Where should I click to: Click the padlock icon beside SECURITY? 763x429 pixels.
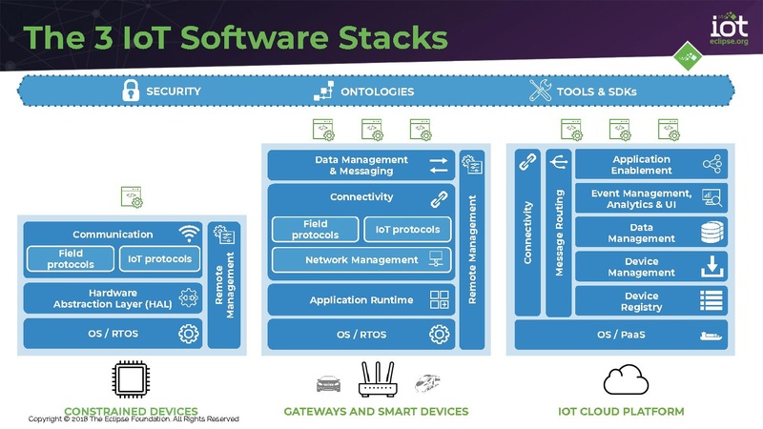(130, 92)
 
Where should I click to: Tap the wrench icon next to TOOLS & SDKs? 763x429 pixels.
(541, 92)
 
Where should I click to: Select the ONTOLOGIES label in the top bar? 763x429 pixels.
(377, 92)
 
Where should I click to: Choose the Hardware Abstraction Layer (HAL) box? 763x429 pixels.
(111, 297)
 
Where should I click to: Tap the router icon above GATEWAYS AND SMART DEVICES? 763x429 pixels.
(377, 380)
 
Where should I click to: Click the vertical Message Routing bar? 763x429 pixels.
(559, 233)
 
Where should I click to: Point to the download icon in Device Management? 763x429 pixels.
(711, 268)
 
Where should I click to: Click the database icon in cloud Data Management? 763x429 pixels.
(711, 234)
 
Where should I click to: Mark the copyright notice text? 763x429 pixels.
(134, 419)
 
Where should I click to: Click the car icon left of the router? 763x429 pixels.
(328, 384)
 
